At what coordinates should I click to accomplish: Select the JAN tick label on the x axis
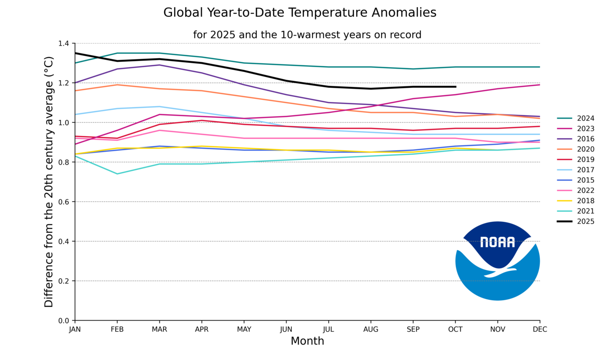[75, 330]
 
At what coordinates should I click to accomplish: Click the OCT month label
[456, 330]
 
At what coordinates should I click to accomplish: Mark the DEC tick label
[540, 330]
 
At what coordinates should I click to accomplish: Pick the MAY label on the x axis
[244, 330]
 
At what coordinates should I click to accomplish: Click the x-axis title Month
[307, 341]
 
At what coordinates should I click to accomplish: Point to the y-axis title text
[49, 182]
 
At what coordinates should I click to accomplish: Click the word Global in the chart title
[181, 13]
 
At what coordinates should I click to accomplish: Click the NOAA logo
[497, 261]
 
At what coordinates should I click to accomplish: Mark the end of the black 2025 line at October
[456, 87]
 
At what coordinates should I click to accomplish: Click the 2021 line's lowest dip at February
[117, 174]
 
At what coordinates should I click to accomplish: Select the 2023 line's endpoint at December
[540, 85]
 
